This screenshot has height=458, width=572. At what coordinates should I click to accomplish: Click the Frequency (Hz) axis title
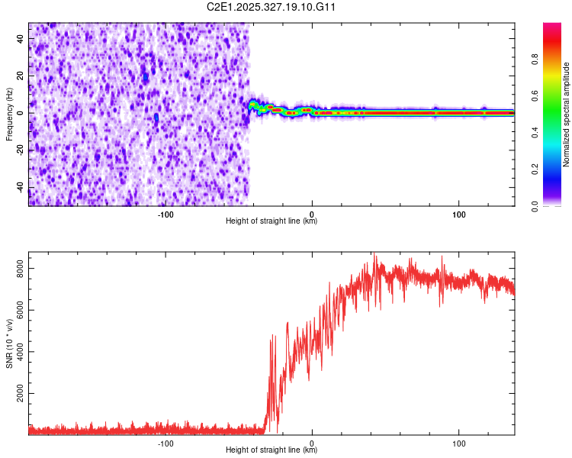(x=9, y=114)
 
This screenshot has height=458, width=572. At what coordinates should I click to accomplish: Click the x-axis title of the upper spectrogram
(x=272, y=221)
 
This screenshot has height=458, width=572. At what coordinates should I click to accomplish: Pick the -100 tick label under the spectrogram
(x=165, y=214)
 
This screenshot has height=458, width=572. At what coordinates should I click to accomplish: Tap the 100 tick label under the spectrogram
(x=459, y=214)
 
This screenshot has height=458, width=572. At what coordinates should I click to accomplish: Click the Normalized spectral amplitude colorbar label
(x=566, y=114)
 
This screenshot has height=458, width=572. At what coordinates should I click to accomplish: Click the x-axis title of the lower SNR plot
(x=272, y=450)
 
